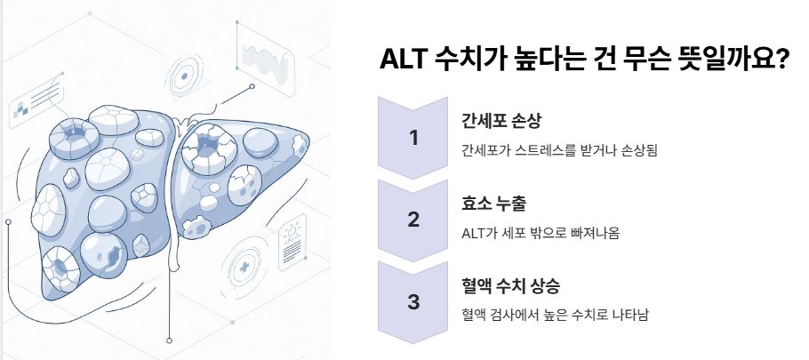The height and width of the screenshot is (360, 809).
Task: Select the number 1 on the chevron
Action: [x=413, y=138]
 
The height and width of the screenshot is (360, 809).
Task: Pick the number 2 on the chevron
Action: [x=413, y=220]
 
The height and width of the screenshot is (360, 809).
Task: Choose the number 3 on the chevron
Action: [x=413, y=301]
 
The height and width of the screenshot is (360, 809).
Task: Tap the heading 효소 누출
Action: [x=494, y=204]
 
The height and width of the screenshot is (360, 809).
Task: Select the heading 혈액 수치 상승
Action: [x=510, y=286]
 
